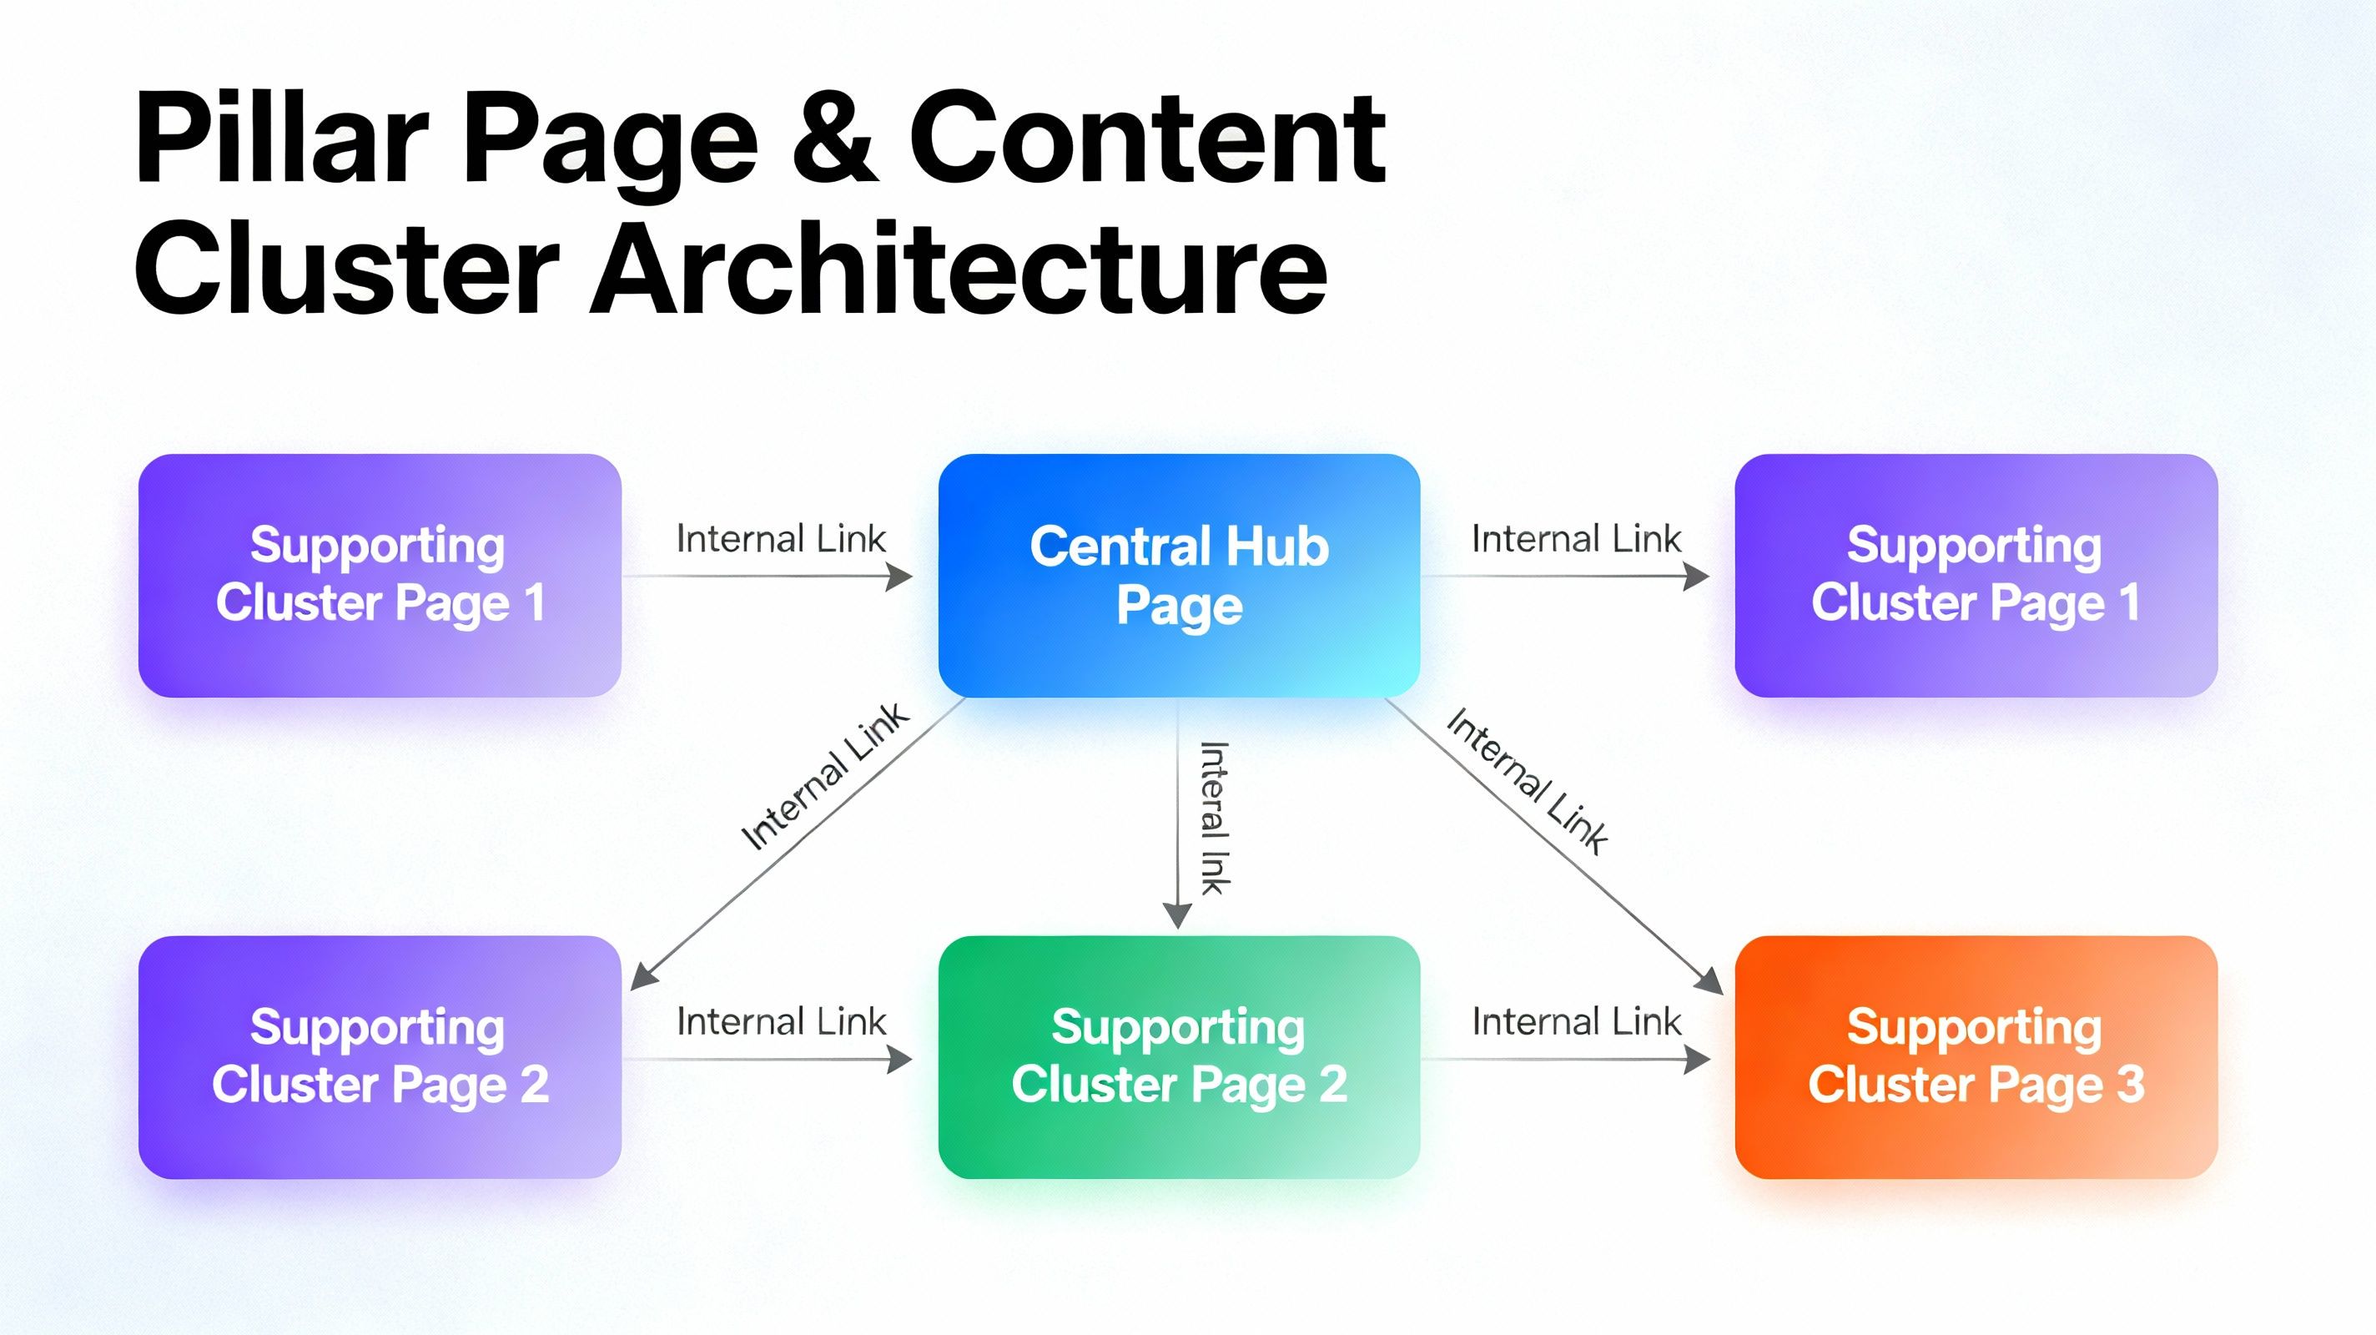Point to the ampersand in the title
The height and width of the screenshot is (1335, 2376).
click(835, 140)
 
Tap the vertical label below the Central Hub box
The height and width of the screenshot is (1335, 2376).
click(1214, 818)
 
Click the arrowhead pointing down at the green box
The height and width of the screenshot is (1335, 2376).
click(1177, 915)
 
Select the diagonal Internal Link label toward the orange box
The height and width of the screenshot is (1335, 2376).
click(1528, 780)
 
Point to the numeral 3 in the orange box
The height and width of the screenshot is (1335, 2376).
click(2131, 1084)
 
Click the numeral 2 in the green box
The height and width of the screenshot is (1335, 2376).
click(1333, 1084)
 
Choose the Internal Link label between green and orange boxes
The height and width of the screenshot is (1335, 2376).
click(1576, 1021)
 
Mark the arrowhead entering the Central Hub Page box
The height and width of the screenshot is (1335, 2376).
click(899, 577)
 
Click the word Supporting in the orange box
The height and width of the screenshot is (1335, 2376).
click(1974, 1028)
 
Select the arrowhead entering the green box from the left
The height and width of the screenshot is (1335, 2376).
click(899, 1059)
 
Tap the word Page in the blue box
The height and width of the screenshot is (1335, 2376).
click(1180, 606)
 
